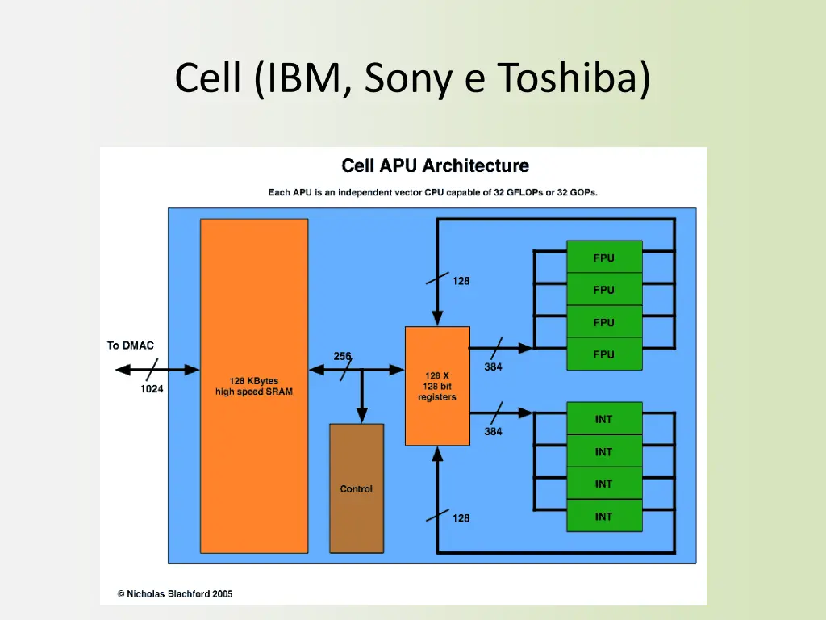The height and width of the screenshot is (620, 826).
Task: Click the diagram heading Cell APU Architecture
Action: (435, 165)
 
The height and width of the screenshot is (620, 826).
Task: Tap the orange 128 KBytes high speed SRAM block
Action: (254, 386)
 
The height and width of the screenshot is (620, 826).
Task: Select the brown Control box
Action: (357, 488)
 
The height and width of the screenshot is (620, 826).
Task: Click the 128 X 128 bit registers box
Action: (437, 386)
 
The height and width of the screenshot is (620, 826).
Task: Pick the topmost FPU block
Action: (604, 258)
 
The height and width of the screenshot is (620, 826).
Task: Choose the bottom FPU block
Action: (604, 354)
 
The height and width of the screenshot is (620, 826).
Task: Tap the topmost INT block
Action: (604, 419)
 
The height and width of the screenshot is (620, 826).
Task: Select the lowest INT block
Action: (604, 516)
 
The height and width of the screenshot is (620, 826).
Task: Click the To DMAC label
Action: (131, 346)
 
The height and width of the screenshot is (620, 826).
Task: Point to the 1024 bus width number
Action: (152, 388)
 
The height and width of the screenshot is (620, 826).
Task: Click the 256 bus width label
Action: (342, 356)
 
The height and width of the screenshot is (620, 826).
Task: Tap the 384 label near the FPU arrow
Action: (493, 367)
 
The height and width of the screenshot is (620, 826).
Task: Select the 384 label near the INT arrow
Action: (493, 431)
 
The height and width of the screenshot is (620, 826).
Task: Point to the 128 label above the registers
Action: (461, 281)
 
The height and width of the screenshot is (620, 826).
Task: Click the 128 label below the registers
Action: (461, 518)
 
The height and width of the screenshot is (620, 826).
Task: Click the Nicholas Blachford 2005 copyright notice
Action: (175, 593)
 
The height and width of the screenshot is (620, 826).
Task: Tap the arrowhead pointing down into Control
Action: (362, 415)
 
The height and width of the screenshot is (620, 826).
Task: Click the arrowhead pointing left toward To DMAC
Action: (123, 370)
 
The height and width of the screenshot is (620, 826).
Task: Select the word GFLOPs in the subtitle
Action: (524, 192)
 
